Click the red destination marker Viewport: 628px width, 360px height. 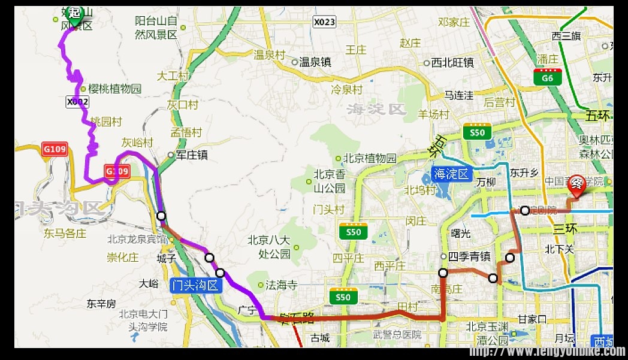(x=576, y=186)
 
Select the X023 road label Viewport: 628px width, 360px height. (x=325, y=22)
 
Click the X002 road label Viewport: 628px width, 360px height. (x=78, y=102)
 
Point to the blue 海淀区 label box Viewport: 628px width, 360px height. (x=452, y=175)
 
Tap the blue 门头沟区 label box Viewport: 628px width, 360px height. (x=195, y=285)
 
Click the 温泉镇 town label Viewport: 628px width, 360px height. (x=315, y=62)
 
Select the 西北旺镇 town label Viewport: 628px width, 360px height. (x=452, y=62)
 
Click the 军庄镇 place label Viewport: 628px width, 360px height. (x=191, y=155)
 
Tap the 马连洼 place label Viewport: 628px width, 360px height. (x=458, y=95)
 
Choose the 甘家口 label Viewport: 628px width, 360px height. (x=532, y=319)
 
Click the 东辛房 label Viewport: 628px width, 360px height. (x=101, y=304)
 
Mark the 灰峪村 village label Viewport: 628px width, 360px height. (x=137, y=143)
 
